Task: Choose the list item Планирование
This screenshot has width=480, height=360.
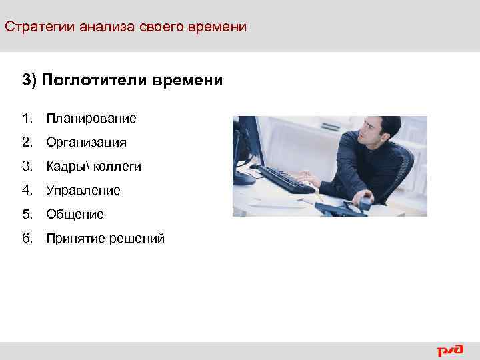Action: pos(91,119)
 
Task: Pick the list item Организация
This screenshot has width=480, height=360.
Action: pos(86,143)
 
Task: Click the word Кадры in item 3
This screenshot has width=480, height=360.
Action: pos(65,167)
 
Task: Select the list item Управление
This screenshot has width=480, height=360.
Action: pos(83,191)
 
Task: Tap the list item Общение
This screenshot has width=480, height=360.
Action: pos(75,215)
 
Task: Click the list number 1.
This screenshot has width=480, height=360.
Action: pos(26,119)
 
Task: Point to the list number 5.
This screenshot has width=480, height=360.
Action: pos(26,215)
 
